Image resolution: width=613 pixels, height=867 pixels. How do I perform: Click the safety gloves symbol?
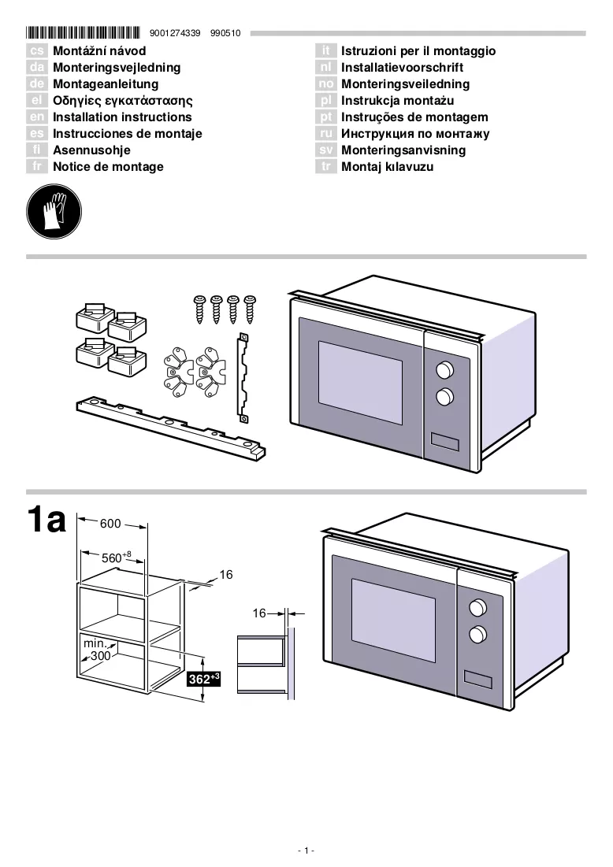(x=54, y=212)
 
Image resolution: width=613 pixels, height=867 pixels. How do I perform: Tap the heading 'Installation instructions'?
(x=122, y=117)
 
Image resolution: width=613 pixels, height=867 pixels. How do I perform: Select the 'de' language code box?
(x=36, y=84)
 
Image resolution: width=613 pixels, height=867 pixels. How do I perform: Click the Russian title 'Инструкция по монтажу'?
(x=415, y=134)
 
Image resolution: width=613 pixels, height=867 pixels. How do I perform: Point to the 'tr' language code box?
(x=326, y=166)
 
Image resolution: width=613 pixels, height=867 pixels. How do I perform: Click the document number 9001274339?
(x=175, y=33)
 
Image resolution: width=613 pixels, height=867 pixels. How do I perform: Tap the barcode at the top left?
(x=83, y=32)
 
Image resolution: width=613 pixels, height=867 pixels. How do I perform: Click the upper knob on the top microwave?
(x=445, y=370)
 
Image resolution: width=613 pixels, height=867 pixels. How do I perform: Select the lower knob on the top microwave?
(x=445, y=396)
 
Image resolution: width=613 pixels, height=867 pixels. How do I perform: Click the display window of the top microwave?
(x=445, y=442)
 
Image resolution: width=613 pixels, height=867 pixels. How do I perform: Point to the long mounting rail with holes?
(x=170, y=427)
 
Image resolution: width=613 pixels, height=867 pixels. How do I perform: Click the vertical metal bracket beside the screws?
(x=243, y=378)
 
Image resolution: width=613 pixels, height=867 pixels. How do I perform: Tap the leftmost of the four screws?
(x=199, y=309)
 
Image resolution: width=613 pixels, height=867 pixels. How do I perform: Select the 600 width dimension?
(x=110, y=524)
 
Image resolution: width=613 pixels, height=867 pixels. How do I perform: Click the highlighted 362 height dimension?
(x=204, y=679)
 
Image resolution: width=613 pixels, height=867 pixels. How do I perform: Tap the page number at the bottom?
(x=306, y=850)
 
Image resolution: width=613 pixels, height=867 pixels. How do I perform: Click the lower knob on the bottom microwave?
(x=478, y=634)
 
